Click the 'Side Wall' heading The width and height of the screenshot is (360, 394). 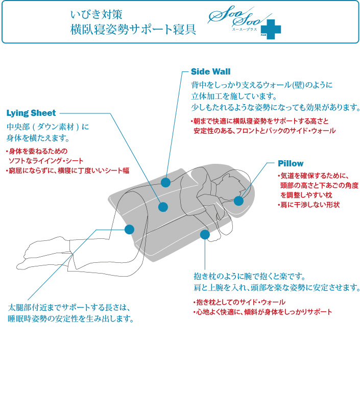tap(210, 71)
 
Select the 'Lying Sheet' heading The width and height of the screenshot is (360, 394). tap(31, 113)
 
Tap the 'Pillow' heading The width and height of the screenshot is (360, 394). tap(291, 163)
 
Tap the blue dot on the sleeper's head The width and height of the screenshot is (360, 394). tap(238, 201)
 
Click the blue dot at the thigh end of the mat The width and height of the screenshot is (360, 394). tap(129, 230)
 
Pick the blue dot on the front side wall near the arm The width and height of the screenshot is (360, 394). tap(205, 235)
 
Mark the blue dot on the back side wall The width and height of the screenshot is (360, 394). tap(165, 182)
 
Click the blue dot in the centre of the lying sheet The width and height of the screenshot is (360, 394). tap(163, 207)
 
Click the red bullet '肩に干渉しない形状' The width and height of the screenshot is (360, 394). tap(308, 205)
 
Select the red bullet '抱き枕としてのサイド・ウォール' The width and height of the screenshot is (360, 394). tap(239, 302)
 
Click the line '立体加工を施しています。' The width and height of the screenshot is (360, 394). tap(234, 96)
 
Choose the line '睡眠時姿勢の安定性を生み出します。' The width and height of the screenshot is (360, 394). tap(71, 319)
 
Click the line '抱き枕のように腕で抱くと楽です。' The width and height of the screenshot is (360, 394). tap(249, 276)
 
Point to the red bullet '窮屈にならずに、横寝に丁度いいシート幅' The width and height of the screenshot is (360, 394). tap(67, 170)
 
